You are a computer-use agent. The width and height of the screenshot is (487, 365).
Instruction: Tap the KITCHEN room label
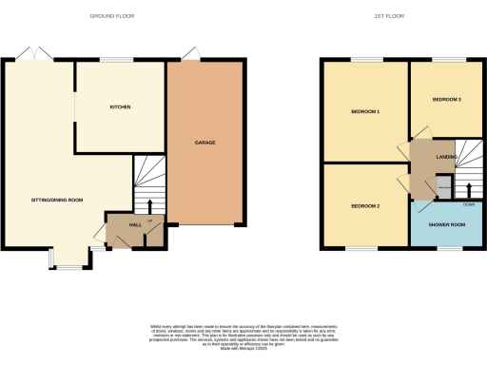[119, 107]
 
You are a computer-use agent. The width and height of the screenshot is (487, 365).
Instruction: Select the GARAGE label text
[205, 143]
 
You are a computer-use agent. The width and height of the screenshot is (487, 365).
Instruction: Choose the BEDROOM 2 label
[365, 206]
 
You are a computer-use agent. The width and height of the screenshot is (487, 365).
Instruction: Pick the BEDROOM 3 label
[446, 99]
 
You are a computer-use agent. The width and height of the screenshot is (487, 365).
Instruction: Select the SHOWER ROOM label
[447, 224]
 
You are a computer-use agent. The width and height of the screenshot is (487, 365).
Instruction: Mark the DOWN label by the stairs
[469, 203]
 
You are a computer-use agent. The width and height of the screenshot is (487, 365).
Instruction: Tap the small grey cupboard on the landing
[442, 183]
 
